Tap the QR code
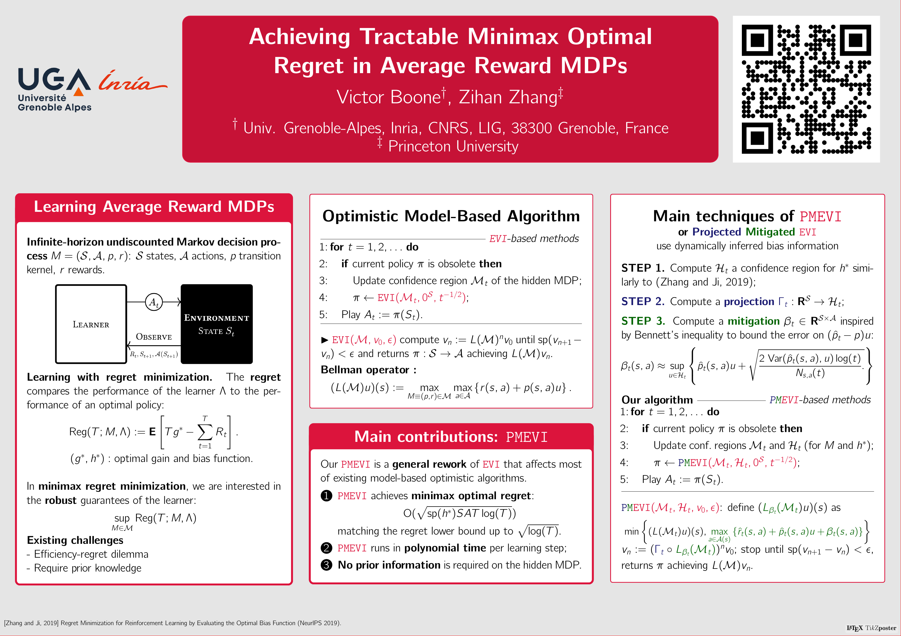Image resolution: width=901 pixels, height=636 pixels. tap(806, 89)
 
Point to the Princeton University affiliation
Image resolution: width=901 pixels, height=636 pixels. tap(453, 146)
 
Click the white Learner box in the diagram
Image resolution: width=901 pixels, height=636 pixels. tap(91, 324)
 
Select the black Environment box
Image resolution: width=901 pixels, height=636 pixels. tap(217, 324)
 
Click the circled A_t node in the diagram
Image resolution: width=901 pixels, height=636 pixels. tap(154, 302)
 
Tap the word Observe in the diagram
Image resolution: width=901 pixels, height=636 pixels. tap(154, 337)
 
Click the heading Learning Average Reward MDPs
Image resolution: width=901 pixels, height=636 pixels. tap(154, 206)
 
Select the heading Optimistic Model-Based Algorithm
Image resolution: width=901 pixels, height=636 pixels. tap(451, 216)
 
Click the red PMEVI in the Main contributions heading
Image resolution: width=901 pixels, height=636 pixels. tap(527, 437)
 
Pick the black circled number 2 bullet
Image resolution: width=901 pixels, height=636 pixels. tap(326, 548)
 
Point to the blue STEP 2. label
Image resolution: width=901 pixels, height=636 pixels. tap(643, 301)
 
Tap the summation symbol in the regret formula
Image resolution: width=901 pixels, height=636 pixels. tap(205, 432)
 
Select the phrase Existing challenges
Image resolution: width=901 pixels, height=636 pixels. tap(75, 540)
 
